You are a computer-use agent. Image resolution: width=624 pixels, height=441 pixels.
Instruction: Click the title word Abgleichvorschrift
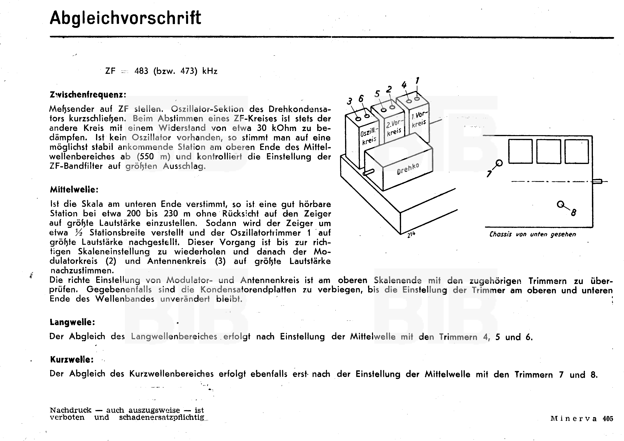tap(125, 18)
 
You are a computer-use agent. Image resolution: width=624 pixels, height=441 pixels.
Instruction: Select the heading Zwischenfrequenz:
tap(88, 95)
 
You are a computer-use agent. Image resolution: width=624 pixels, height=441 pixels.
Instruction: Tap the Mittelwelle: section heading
tap(74, 189)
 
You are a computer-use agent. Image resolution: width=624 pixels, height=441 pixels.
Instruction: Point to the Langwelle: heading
tap(72, 322)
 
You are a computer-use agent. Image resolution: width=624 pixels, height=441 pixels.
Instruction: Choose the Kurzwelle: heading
tap(72, 360)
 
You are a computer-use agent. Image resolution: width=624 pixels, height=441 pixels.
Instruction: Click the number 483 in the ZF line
tap(141, 71)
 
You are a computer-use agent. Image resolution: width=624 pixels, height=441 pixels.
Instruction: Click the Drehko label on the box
tap(408, 169)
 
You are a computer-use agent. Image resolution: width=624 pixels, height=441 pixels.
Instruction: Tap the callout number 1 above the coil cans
tap(417, 81)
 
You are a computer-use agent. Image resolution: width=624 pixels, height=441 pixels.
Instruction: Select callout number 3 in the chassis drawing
tap(349, 101)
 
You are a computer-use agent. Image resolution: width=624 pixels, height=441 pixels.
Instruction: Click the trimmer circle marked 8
tap(560, 204)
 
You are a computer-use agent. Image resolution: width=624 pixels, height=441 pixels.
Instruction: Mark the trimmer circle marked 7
tap(499, 163)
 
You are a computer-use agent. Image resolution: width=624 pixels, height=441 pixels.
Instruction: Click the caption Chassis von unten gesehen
tap(532, 234)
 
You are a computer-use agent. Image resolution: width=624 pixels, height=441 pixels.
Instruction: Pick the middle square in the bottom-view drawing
tap(548, 151)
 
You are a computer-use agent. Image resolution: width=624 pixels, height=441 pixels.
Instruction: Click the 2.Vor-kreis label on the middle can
tap(394, 128)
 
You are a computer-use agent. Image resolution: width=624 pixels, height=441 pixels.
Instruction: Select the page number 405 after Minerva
tap(608, 419)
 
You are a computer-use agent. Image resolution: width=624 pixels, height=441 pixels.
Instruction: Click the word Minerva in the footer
tap(574, 419)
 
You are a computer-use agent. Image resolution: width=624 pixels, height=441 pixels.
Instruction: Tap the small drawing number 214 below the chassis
tap(411, 234)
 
